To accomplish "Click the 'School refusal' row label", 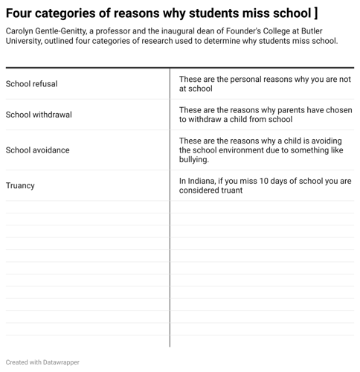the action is coord(31,84).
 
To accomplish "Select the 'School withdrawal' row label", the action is coord(39,115).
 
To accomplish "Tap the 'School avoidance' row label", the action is coord(37,150).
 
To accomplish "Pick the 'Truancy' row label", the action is coord(20,186).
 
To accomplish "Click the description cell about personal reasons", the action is coord(265,83).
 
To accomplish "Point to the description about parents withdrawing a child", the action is coord(265,115).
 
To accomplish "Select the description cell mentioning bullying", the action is coord(260,150).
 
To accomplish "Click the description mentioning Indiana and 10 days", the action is coord(265,185).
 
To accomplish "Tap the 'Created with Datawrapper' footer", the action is coord(42,362).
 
